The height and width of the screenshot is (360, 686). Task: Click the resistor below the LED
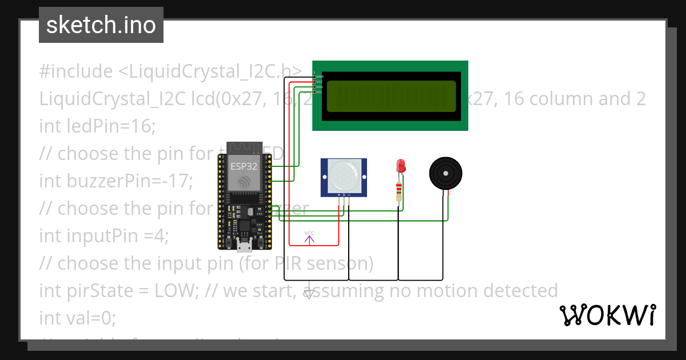[x=399, y=191]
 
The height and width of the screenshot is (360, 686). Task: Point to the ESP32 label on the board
[x=244, y=167]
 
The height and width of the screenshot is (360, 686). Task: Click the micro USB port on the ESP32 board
[x=244, y=247]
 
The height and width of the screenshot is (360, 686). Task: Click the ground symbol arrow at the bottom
[x=309, y=294]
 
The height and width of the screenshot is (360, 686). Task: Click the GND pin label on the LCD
[x=320, y=76]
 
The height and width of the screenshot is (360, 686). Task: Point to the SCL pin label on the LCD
[x=320, y=91]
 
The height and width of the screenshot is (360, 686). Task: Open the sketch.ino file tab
[x=101, y=25]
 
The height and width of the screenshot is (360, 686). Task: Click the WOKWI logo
[x=608, y=315]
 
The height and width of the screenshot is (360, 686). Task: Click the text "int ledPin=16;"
[x=97, y=126]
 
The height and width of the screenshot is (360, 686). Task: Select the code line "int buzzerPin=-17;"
[x=116, y=181]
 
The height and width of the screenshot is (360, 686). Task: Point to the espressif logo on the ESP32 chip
[x=244, y=182]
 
